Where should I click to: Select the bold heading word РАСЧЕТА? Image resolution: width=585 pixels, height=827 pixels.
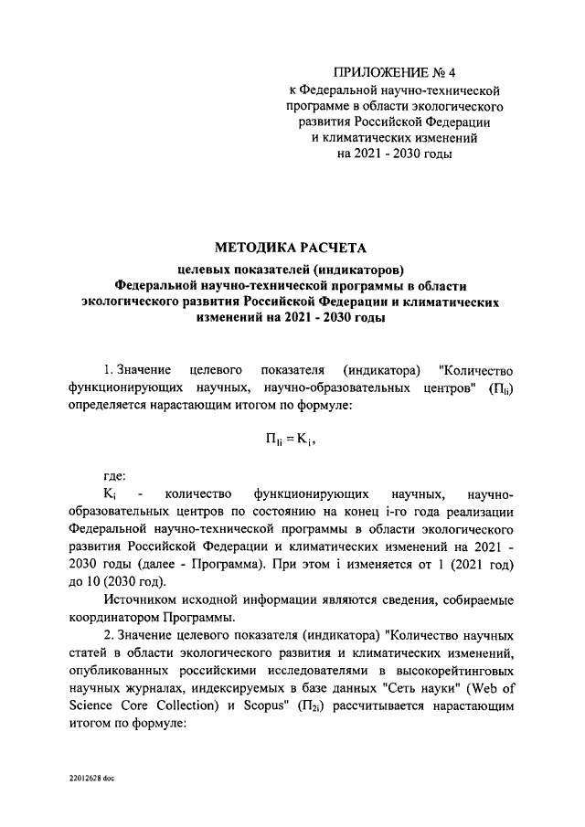tap(332, 248)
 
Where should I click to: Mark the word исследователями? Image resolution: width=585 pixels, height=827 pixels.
tap(289, 672)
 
